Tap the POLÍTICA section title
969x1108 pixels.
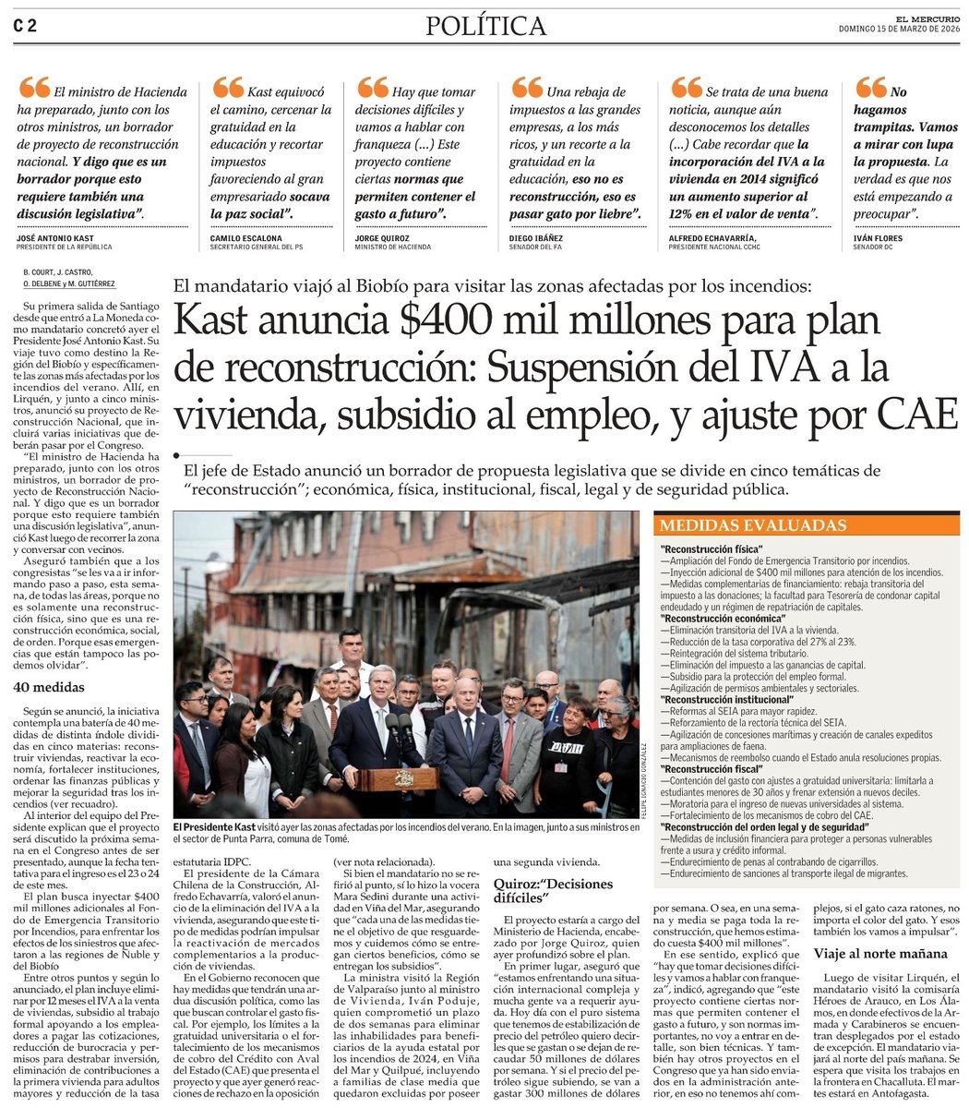[485, 27]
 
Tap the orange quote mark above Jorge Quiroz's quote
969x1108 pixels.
[373, 87]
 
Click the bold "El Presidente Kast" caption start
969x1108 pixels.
[218, 825]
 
